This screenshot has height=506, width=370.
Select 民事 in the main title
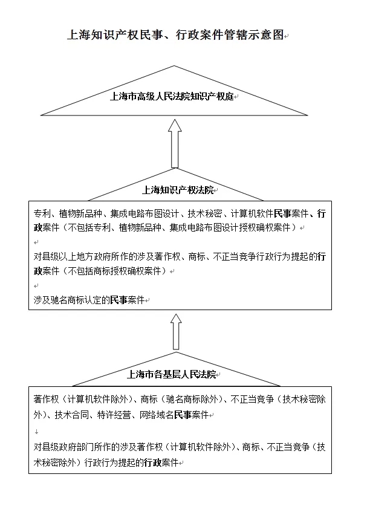coord(151,35)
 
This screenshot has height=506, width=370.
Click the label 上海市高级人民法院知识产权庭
coord(172,97)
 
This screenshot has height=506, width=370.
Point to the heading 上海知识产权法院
coord(178,190)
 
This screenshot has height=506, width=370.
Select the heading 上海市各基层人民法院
coord(172,374)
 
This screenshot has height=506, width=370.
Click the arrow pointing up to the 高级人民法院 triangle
coord(175,144)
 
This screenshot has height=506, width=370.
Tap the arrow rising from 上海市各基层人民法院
coord(176,332)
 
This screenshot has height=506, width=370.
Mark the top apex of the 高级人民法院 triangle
coord(174,66)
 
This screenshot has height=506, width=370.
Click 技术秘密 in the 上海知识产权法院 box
coord(205,213)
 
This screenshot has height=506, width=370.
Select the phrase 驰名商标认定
coord(76,300)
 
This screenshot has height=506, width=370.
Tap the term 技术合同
coord(72,415)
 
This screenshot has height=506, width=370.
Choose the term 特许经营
coord(114,415)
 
